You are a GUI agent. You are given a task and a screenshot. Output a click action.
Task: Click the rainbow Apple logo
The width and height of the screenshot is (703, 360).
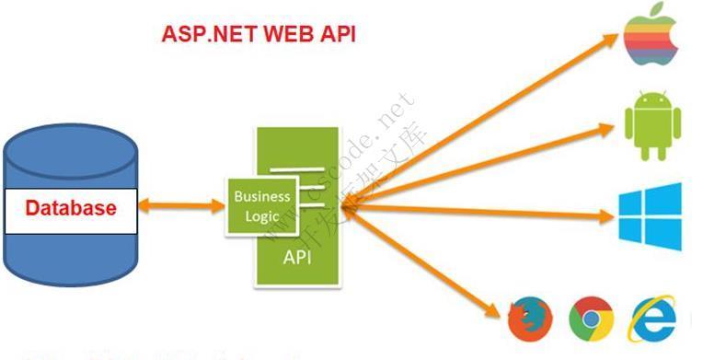(651, 38)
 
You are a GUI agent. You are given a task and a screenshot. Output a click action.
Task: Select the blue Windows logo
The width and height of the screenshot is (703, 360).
(650, 217)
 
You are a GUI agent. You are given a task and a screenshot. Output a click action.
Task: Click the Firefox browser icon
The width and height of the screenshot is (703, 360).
(531, 319)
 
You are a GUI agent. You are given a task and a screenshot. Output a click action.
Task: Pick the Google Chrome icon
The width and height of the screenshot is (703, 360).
(591, 319)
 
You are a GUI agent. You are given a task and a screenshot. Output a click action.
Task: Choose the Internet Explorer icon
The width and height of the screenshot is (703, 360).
(651, 319)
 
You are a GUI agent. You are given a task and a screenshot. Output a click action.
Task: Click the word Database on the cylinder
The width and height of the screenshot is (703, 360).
(71, 207)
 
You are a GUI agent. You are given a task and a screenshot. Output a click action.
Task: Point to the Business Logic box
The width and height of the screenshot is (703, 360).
(261, 205)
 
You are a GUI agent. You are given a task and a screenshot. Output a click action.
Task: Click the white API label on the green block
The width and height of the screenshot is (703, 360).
(296, 257)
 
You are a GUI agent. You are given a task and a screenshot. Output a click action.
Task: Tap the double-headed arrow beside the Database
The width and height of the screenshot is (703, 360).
(181, 205)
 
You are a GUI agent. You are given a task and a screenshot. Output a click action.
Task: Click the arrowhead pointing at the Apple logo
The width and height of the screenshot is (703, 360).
(611, 39)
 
